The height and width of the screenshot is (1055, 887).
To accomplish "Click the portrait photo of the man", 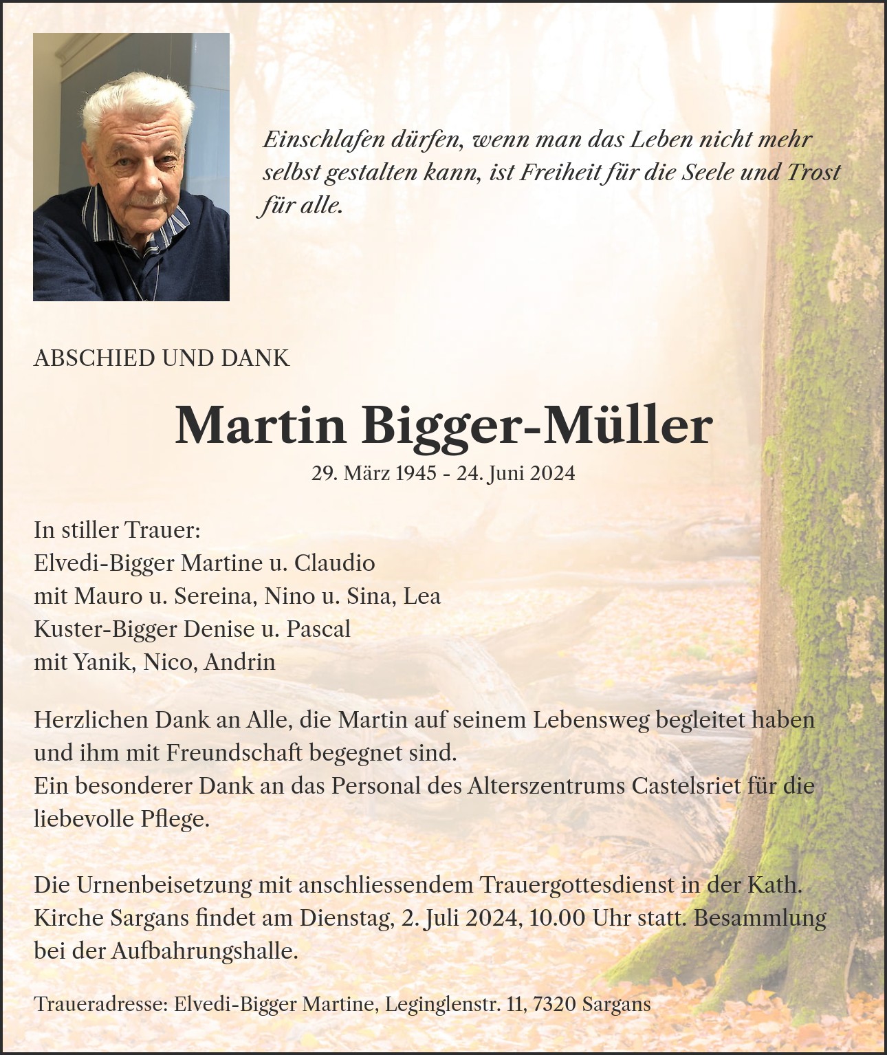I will pos(131,167).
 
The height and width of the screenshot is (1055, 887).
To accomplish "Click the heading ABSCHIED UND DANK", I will pos(162,358).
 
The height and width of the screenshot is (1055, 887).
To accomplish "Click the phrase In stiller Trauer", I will pos(117,530).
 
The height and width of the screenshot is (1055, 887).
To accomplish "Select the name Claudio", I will pos(335,563).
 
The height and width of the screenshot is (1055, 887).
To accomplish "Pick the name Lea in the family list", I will pos(421,596).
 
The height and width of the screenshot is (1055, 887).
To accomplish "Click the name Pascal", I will pos(318,629).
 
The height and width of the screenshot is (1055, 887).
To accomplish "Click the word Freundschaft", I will pos(234,753).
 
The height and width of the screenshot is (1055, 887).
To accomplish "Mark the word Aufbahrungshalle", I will pos(204,951).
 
